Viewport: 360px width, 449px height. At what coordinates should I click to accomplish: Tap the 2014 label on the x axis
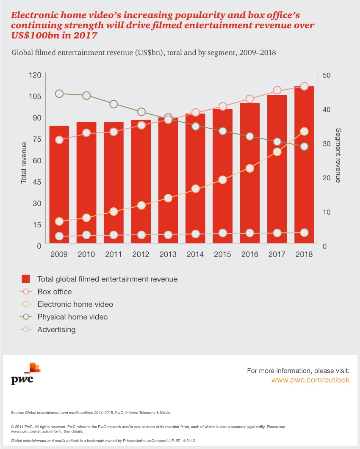195,254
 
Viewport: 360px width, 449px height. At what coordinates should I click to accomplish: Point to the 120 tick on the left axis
35,75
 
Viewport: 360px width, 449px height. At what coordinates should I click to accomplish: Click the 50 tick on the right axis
326,75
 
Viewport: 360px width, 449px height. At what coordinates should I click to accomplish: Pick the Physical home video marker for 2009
59,94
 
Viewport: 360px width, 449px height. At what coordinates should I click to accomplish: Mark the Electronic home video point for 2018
304,132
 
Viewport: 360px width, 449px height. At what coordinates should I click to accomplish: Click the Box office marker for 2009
59,140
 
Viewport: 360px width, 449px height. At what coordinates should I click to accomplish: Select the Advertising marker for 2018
304,232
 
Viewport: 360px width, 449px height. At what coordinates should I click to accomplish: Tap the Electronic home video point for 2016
249,168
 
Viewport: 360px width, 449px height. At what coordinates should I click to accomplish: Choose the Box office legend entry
54,292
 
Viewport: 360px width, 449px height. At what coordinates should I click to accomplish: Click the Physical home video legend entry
72,317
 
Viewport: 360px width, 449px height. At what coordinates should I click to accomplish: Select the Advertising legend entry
56,329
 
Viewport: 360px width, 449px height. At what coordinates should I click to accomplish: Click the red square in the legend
26,279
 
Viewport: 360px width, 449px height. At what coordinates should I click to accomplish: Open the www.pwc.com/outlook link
310,380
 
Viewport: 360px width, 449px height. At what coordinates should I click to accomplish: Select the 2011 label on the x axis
114,254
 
